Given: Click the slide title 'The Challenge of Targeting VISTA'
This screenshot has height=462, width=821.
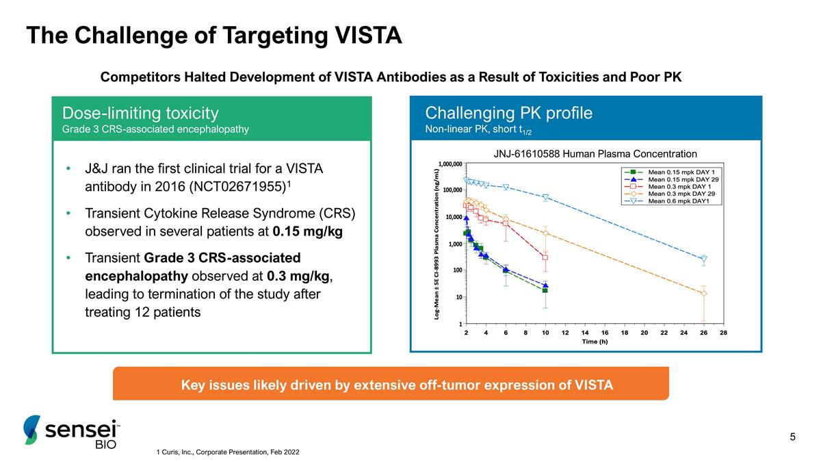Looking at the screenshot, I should click(x=213, y=36).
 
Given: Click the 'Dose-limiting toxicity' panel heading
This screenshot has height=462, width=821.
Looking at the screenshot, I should click(x=140, y=113).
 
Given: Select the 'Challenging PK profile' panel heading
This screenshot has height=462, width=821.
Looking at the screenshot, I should click(x=508, y=113).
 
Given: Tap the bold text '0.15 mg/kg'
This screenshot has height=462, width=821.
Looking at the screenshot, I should click(x=307, y=231).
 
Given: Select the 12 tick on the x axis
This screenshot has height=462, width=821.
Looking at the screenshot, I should click(x=565, y=332).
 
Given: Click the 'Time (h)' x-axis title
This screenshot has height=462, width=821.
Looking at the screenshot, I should click(x=595, y=341).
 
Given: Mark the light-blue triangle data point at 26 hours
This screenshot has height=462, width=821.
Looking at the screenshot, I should click(x=704, y=259).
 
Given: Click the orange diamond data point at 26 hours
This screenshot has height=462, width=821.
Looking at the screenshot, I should click(x=704, y=294).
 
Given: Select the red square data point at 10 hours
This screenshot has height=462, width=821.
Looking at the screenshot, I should click(x=545, y=257).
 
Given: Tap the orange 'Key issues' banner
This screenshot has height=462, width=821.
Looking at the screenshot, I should click(x=391, y=384).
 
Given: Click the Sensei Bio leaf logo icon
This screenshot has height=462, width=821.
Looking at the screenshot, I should click(x=31, y=430).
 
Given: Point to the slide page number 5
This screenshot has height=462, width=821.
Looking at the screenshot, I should click(x=792, y=437).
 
